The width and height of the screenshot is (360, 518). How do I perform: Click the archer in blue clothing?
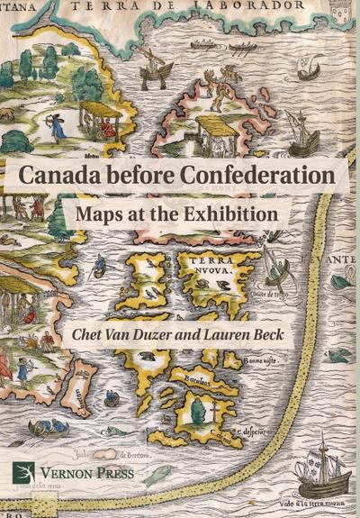(x=58, y=125)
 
